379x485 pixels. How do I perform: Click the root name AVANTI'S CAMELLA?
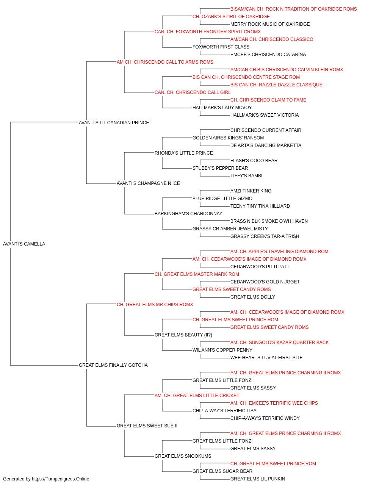[x=24, y=244]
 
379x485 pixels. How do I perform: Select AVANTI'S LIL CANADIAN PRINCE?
[x=114, y=123]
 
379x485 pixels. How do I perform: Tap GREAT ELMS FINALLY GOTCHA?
[x=113, y=365]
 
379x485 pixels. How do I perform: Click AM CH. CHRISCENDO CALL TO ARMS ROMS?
[x=165, y=62]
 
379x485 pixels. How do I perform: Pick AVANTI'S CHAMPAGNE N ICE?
[x=148, y=183]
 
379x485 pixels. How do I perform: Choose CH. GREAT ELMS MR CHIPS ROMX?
[x=155, y=304]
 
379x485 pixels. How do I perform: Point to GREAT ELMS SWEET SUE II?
[x=147, y=426]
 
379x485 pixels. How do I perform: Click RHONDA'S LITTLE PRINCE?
[x=184, y=153]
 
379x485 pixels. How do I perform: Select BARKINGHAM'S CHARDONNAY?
[x=188, y=214]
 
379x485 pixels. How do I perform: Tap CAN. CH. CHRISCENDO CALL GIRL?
[x=193, y=92]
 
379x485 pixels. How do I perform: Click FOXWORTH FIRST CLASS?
[x=221, y=47]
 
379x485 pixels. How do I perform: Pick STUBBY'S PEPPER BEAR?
[x=220, y=168]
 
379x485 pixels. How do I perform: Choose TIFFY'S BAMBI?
[x=246, y=176]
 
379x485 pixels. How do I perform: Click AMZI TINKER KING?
[x=251, y=191]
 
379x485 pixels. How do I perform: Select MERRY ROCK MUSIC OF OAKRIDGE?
[x=270, y=24]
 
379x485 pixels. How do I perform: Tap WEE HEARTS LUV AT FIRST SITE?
[x=266, y=358]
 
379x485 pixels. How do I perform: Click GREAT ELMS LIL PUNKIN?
[x=258, y=479]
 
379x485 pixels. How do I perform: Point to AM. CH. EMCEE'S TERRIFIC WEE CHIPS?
[x=274, y=403]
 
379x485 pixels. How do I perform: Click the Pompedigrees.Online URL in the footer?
[x=61, y=479]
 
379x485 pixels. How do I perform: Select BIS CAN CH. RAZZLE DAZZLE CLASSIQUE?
[x=276, y=85]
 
